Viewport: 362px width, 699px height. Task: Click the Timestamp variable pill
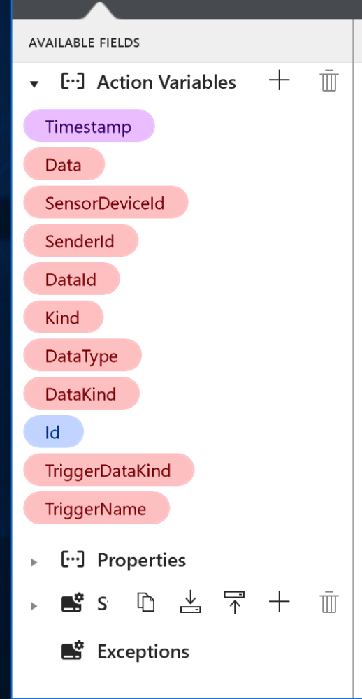(x=89, y=126)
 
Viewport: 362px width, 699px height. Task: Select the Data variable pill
(x=64, y=164)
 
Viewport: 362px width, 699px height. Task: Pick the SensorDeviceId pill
(x=106, y=203)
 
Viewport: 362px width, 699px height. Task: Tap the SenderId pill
(x=80, y=240)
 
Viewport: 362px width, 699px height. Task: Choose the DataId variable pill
(x=71, y=279)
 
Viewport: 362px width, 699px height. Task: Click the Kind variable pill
(x=64, y=317)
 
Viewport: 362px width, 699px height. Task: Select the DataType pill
(x=82, y=356)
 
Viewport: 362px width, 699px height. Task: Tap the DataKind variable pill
(x=82, y=394)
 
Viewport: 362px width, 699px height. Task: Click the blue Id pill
(x=53, y=432)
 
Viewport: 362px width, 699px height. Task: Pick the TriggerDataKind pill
(x=109, y=470)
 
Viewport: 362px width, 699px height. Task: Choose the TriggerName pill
(x=96, y=508)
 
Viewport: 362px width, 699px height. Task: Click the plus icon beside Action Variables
(x=280, y=81)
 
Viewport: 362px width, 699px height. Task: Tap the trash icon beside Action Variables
(x=329, y=80)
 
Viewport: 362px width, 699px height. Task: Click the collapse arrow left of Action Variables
(x=34, y=84)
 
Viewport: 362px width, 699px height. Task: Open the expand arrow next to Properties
(x=34, y=562)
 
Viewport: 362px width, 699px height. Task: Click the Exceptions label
(x=143, y=651)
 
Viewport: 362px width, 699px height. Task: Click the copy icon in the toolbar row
(x=146, y=603)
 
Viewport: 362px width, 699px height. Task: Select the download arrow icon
(x=190, y=602)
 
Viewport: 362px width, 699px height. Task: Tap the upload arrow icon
(x=235, y=603)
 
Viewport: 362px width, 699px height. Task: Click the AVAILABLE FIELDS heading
(x=85, y=43)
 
